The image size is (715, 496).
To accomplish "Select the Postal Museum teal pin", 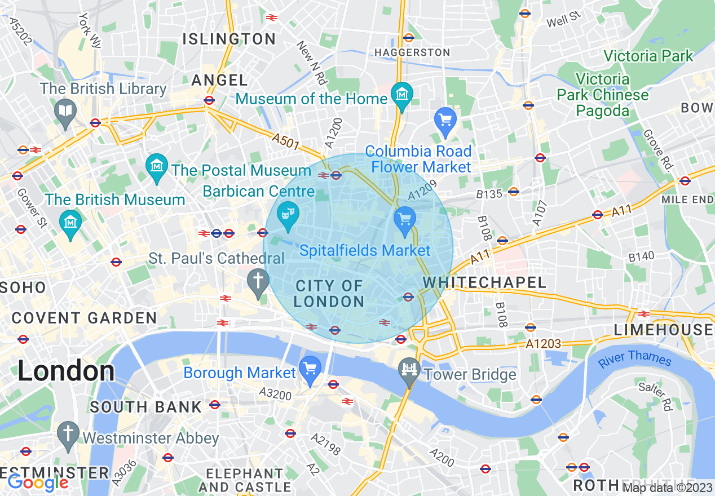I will pyautogui.click(x=157, y=166).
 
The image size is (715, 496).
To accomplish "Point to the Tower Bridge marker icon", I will pyautogui.click(x=409, y=370).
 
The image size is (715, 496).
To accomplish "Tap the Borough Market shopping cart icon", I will pyautogui.click(x=310, y=369).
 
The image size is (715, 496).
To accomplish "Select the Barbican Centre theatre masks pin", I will pyautogui.click(x=288, y=214).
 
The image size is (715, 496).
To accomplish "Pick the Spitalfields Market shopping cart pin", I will pyautogui.click(x=404, y=219).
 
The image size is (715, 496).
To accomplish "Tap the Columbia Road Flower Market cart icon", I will pyautogui.click(x=445, y=119).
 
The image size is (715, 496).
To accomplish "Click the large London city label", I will pyautogui.click(x=66, y=371).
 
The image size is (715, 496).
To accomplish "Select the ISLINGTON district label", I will pyautogui.click(x=228, y=39).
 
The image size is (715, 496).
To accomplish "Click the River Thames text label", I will pyautogui.click(x=635, y=358).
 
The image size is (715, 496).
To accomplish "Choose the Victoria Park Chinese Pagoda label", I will pyautogui.click(x=602, y=94).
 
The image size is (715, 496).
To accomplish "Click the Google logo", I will pyautogui.click(x=38, y=482).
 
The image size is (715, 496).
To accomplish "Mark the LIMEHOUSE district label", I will pyautogui.click(x=663, y=330).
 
